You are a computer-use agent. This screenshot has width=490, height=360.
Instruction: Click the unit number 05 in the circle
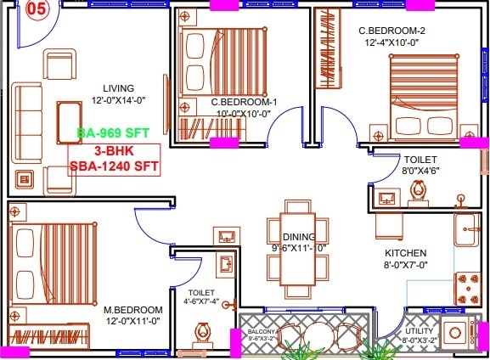[x=37, y=10]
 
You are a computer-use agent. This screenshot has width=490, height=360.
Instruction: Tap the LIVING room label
[x=120, y=87]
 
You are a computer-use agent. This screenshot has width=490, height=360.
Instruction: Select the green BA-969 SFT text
[x=111, y=133]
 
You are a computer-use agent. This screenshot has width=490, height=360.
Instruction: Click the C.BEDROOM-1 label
[x=245, y=102]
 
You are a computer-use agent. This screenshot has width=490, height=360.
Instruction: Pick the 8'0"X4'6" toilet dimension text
[x=420, y=171]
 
